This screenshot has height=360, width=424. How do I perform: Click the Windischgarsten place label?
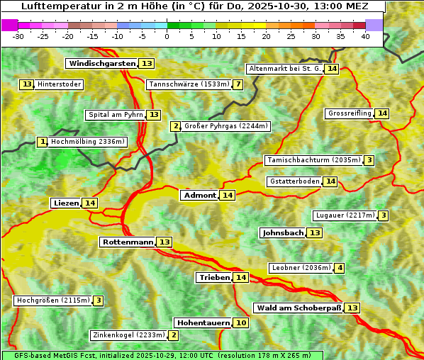click(102, 64)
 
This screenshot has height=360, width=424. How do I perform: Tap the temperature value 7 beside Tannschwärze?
click(238, 85)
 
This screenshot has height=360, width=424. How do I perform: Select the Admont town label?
click(199, 196)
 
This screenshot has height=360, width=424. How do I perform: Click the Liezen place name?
click(66, 203)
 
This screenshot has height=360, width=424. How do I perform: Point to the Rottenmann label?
click(128, 242)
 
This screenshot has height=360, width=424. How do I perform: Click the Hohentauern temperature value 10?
click(241, 323)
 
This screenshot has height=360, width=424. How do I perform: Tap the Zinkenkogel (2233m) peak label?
click(128, 335)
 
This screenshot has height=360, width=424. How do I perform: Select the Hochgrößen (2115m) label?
click(53, 300)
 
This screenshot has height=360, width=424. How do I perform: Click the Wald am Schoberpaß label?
click(299, 308)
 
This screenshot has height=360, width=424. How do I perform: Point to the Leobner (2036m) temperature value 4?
click(340, 268)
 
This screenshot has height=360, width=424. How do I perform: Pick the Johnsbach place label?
click(283, 233)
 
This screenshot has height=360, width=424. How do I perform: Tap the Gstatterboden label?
click(294, 181)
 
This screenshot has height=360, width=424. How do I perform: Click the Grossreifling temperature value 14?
click(382, 113)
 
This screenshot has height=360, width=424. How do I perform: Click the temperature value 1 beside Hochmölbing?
click(43, 142)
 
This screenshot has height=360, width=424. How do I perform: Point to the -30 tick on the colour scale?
click(18, 35)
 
